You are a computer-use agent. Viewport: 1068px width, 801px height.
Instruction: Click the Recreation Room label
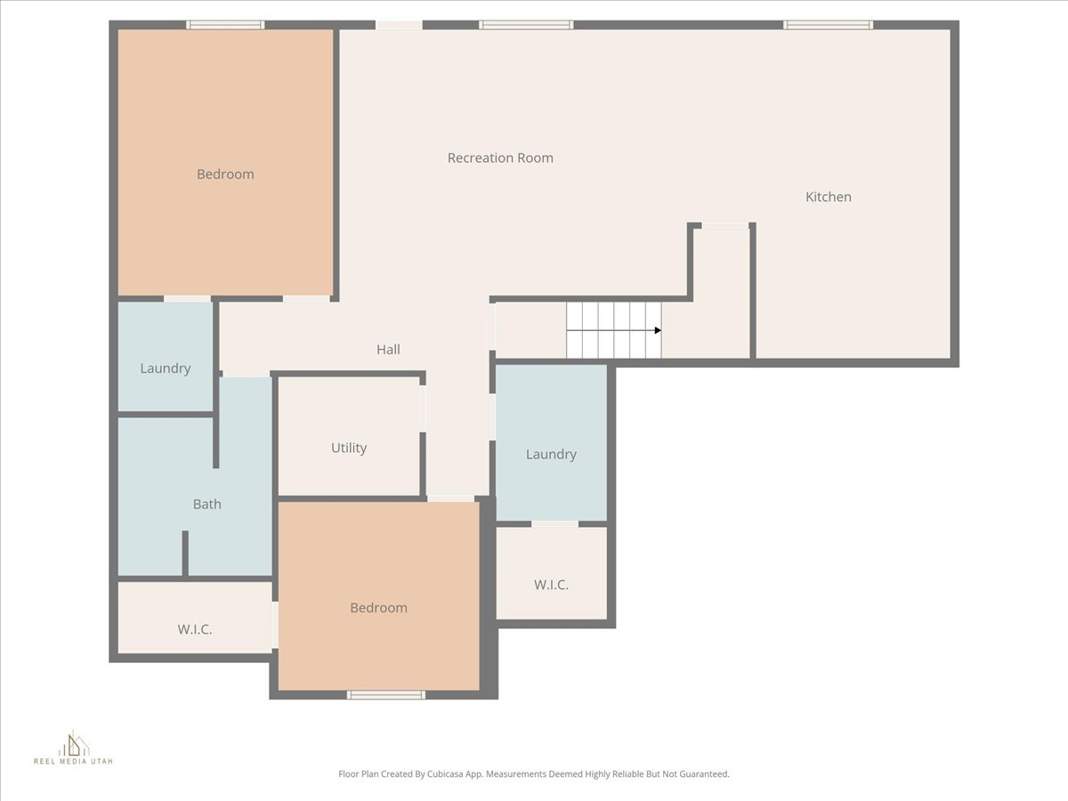500,158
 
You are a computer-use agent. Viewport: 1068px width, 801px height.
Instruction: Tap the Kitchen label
828,197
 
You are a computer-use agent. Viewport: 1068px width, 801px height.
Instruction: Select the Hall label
388,350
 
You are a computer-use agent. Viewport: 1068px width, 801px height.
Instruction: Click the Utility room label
349,448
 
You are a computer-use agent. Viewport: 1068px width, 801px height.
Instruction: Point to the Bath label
206,504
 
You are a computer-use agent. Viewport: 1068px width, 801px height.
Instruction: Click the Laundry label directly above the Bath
166,368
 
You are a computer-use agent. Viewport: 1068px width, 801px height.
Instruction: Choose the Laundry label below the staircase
551,454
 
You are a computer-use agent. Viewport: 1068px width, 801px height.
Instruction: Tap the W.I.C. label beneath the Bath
194,629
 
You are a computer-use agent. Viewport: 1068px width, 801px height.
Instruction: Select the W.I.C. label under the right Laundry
551,585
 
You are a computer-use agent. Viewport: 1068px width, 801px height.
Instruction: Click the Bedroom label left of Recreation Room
225,174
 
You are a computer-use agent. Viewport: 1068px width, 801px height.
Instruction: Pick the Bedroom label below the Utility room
378,608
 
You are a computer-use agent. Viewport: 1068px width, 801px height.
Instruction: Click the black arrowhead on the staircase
658,330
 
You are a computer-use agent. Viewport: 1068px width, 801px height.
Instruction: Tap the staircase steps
613,330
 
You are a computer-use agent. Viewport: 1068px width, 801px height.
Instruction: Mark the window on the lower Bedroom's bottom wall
386,695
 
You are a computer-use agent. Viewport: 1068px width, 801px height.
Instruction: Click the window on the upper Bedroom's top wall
225,25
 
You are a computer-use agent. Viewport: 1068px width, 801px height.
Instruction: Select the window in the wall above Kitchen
828,25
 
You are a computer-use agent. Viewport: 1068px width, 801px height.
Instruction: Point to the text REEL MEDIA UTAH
73,762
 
